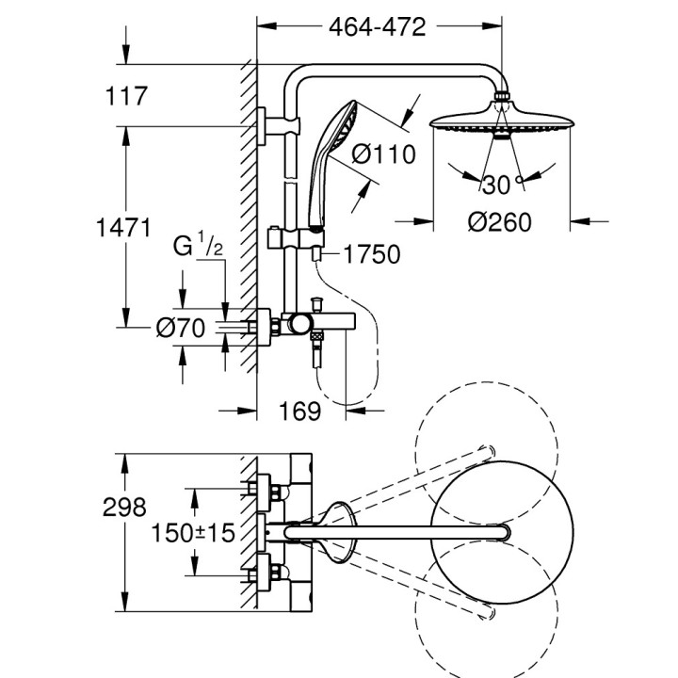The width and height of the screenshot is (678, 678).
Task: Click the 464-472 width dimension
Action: pos(377,26)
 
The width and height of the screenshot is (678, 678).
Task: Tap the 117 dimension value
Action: pos(130,96)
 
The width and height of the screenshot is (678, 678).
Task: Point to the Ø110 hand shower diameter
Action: pos(383,153)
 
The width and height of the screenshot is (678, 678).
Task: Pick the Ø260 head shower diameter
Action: pos(499,223)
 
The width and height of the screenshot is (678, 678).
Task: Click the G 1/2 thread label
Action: pos(197,248)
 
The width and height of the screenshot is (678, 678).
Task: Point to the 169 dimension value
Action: pos(300,412)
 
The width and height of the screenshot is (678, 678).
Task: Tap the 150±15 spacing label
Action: pos(192,533)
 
